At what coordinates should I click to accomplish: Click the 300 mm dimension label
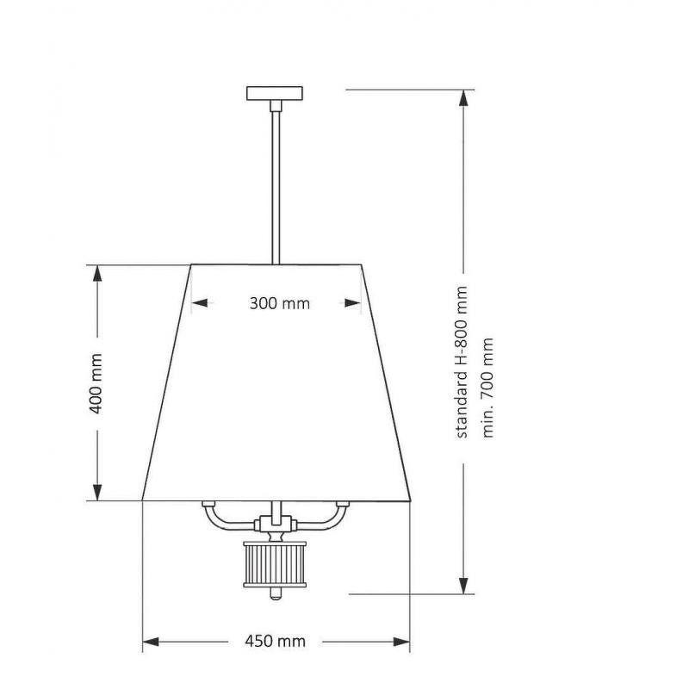pos(279,303)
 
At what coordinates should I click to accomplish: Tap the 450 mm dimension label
pos(275,641)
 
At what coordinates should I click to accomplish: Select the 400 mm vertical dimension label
pos(96,383)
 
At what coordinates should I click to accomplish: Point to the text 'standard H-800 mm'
pos(462,362)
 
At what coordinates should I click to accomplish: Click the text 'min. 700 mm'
pos(487,388)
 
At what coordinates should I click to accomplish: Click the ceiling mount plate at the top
pos(275,93)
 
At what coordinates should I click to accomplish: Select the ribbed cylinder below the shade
pos(275,565)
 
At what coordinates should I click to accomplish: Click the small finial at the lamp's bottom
pos(275,594)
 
